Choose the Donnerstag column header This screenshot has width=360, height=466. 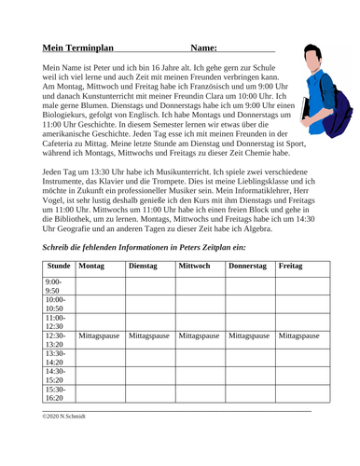click(248, 267)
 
